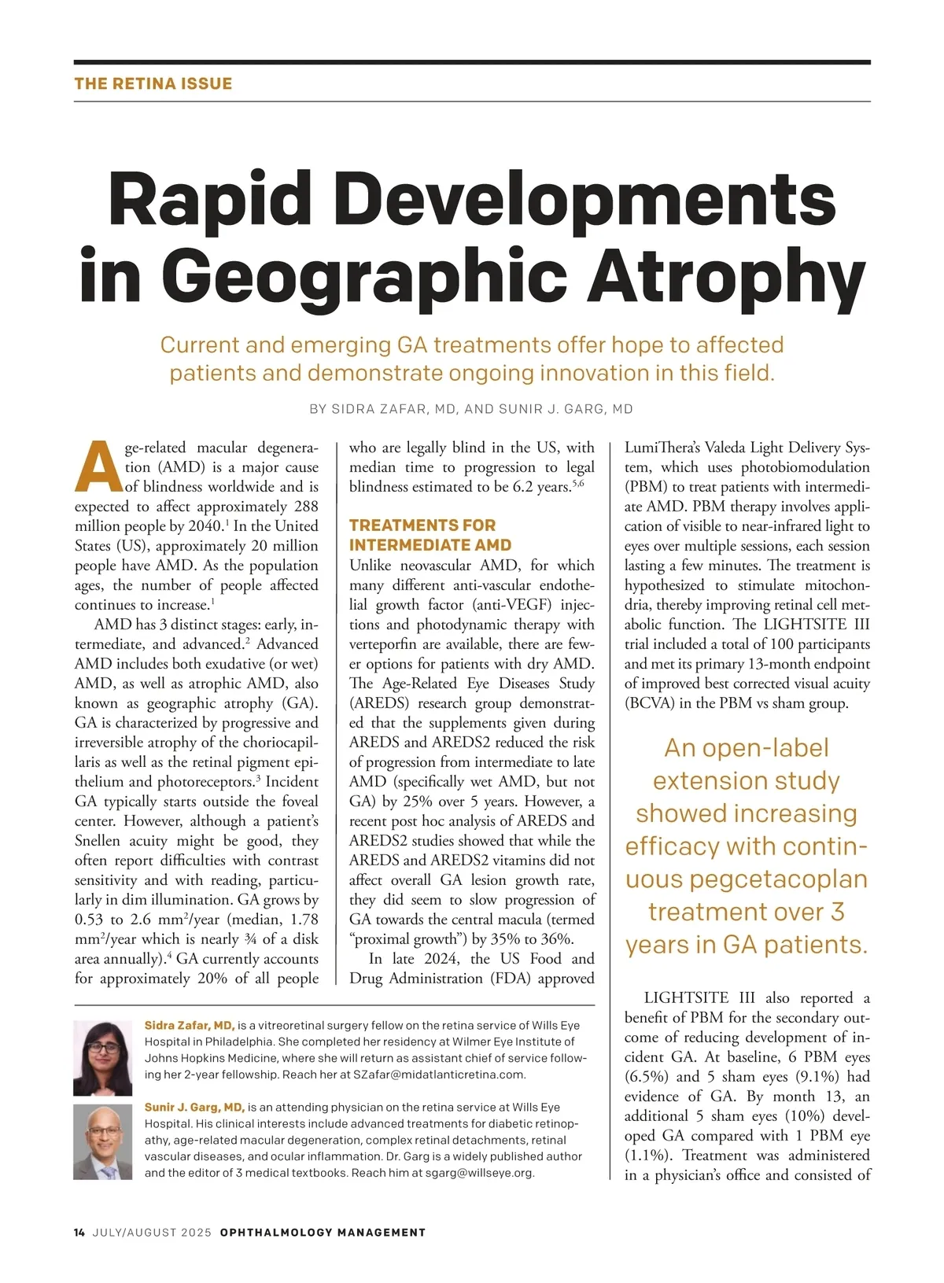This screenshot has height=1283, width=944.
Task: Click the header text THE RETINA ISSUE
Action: [x=153, y=83]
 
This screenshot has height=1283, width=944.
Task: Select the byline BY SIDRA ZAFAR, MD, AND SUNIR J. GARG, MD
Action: [x=471, y=409]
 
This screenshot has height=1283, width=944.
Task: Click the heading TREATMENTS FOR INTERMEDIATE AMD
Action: [x=430, y=535]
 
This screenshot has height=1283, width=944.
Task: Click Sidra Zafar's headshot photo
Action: [x=103, y=1058]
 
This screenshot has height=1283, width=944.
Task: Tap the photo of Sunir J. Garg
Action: [x=103, y=1141]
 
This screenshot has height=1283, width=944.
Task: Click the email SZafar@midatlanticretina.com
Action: [x=438, y=1075]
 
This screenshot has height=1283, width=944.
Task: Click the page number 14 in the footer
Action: [x=79, y=1233]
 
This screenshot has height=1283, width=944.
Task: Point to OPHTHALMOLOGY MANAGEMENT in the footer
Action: [x=323, y=1233]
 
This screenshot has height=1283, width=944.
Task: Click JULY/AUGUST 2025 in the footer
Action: [x=152, y=1233]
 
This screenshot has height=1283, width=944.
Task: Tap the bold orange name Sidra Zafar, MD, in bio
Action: [x=190, y=1026]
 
